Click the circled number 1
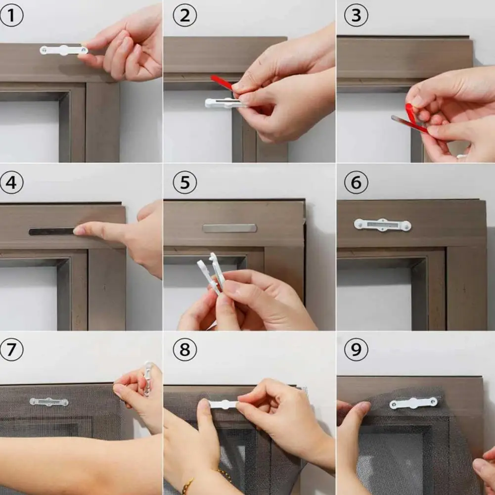(11, 15)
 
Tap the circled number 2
(184, 15)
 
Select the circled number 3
(356, 15)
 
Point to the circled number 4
(11, 182)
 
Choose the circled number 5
(184, 182)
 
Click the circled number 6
(356, 182)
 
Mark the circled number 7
(11, 349)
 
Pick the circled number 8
(184, 349)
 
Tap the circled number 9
(356, 349)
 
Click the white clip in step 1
(64, 50)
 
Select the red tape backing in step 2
(221, 82)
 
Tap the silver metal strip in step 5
(229, 228)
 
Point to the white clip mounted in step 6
(382, 225)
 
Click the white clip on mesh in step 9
(413, 403)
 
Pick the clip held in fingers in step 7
(148, 378)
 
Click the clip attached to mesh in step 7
(49, 402)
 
